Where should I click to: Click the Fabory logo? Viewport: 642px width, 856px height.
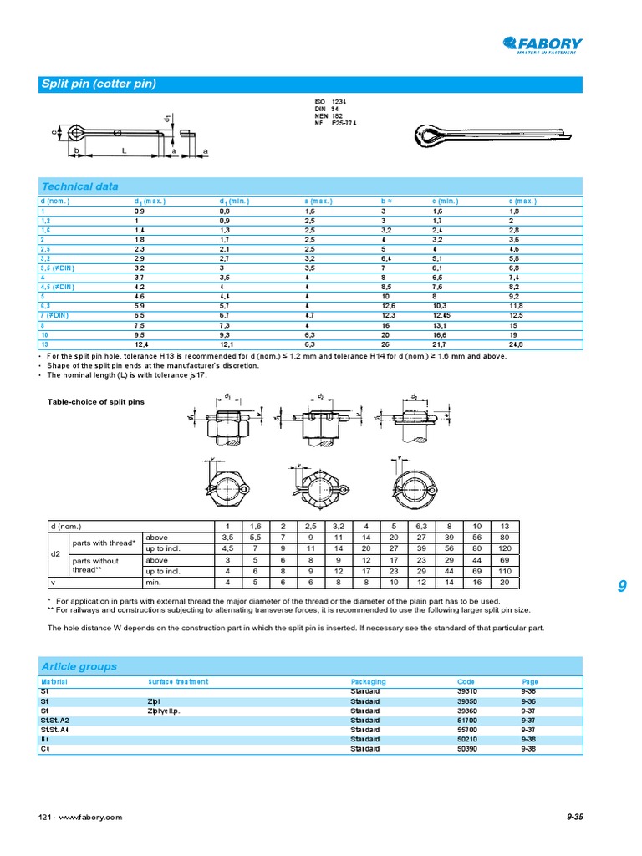pos(543,45)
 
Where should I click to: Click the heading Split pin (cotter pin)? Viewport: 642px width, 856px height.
pos(99,84)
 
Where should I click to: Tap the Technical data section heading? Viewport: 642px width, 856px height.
pos(80,186)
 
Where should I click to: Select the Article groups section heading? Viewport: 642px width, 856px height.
pos(79,666)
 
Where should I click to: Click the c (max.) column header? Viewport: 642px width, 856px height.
pos(522,201)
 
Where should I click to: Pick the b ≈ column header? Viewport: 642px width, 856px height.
pos(387,201)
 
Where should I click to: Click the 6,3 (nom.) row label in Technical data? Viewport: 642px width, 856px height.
pos(46,307)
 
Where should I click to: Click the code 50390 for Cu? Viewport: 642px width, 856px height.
pos(467,748)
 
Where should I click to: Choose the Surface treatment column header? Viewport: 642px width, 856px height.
pos(178,682)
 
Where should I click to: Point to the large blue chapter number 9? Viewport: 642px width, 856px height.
pos(621,588)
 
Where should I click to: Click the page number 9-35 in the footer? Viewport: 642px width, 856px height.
pos(574,817)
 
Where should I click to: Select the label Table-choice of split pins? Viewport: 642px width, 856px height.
pos(95,402)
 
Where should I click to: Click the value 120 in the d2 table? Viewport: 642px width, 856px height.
pos(504,548)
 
